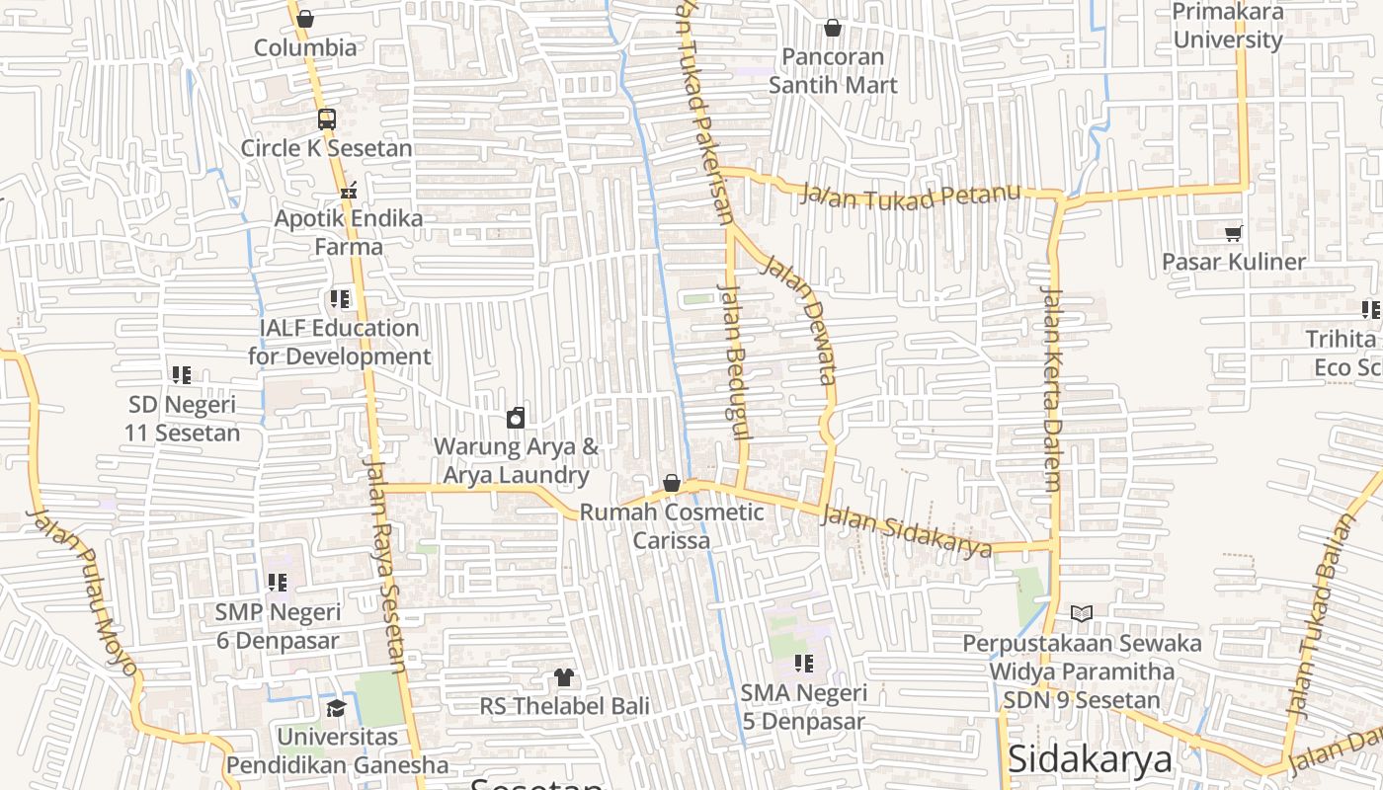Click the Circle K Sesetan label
tap(326, 148)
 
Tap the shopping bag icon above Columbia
tap(305, 19)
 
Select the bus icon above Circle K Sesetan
tap(327, 119)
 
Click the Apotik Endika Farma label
tap(348, 231)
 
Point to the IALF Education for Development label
tap(339, 342)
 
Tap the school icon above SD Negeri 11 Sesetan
tap(182, 375)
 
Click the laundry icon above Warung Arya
tap(515, 418)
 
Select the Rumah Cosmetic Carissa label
tap(671, 526)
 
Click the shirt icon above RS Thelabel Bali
tap(564, 677)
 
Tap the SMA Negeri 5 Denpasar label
tap(803, 707)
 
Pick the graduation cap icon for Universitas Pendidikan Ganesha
tap(337, 708)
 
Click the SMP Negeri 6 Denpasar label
tap(278, 626)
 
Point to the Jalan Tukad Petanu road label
tap(910, 196)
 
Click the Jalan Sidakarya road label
tap(906, 531)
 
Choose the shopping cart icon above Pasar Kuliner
tap(1233, 233)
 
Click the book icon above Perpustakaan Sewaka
tap(1082, 613)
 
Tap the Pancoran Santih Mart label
tap(833, 71)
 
